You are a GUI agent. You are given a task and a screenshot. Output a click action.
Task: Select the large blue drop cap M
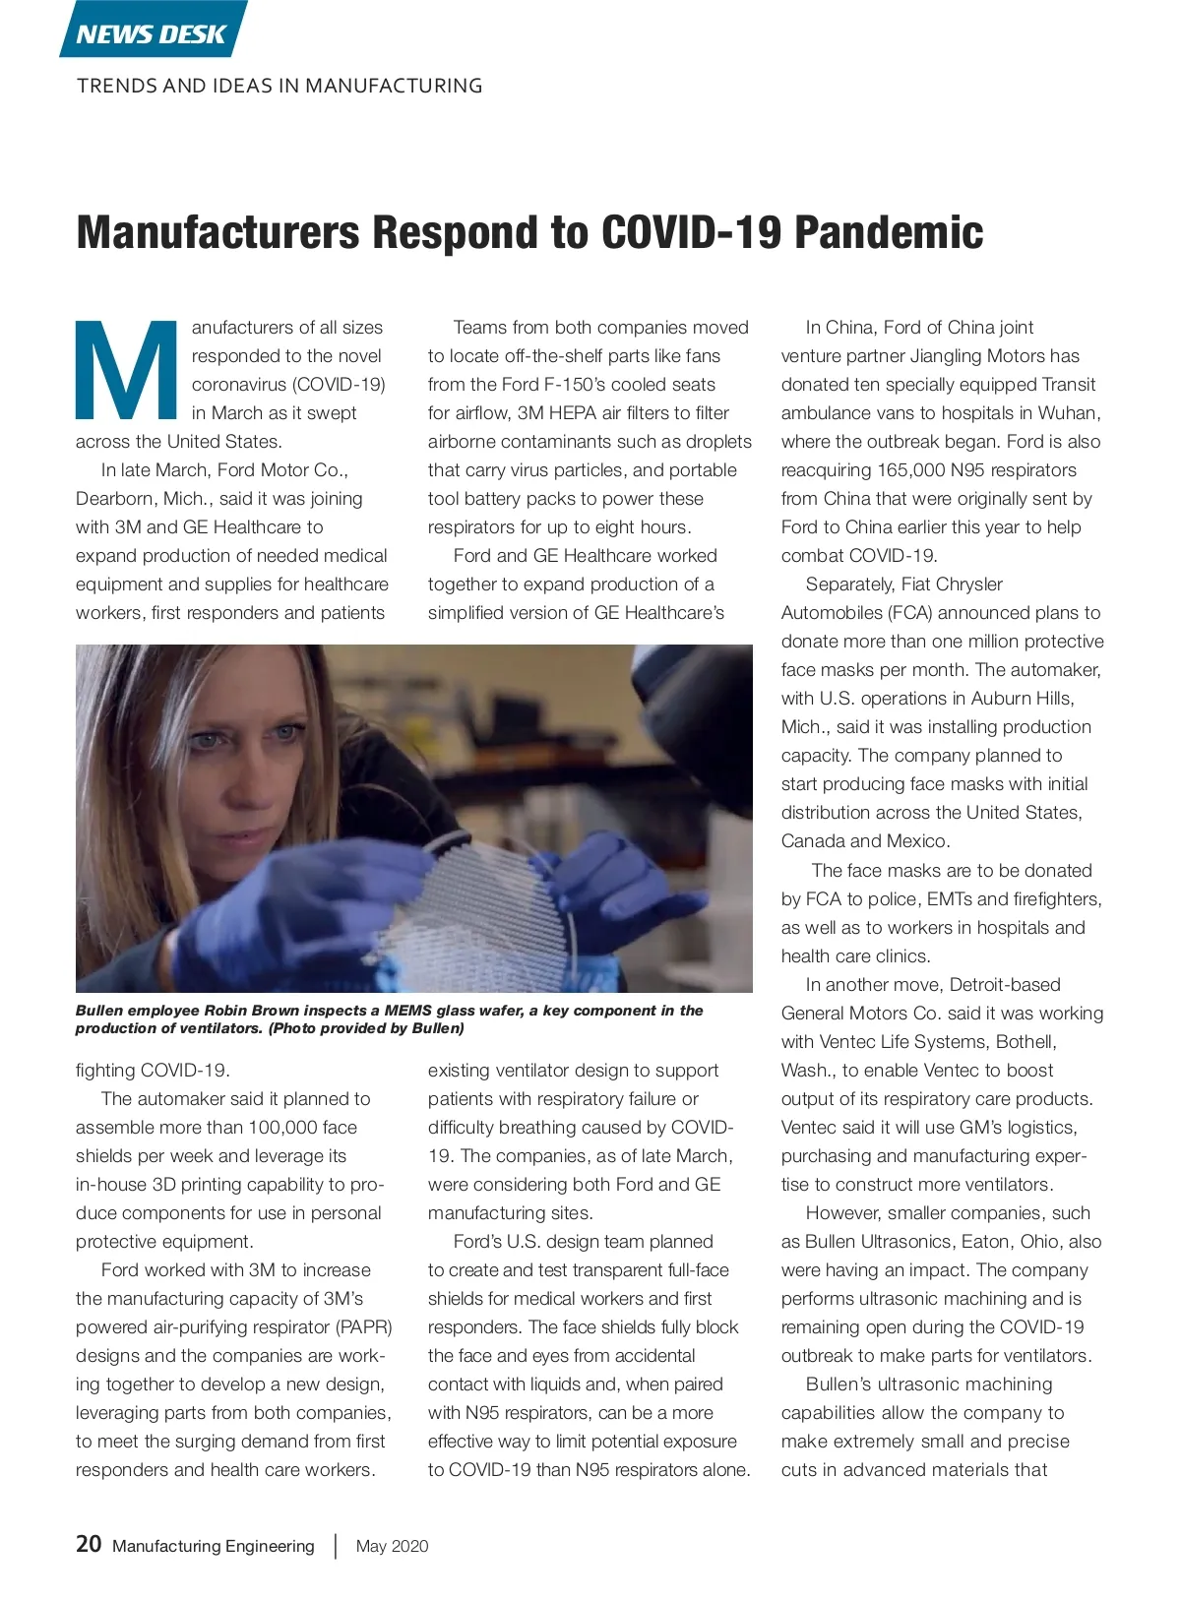point(125,369)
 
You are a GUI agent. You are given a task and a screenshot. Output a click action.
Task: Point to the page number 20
point(89,1544)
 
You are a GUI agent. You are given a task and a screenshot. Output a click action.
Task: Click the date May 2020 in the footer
point(392,1546)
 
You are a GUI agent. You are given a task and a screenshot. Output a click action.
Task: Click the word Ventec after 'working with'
point(848,1042)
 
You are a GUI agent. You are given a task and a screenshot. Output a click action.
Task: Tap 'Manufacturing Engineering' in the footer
point(214,1546)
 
